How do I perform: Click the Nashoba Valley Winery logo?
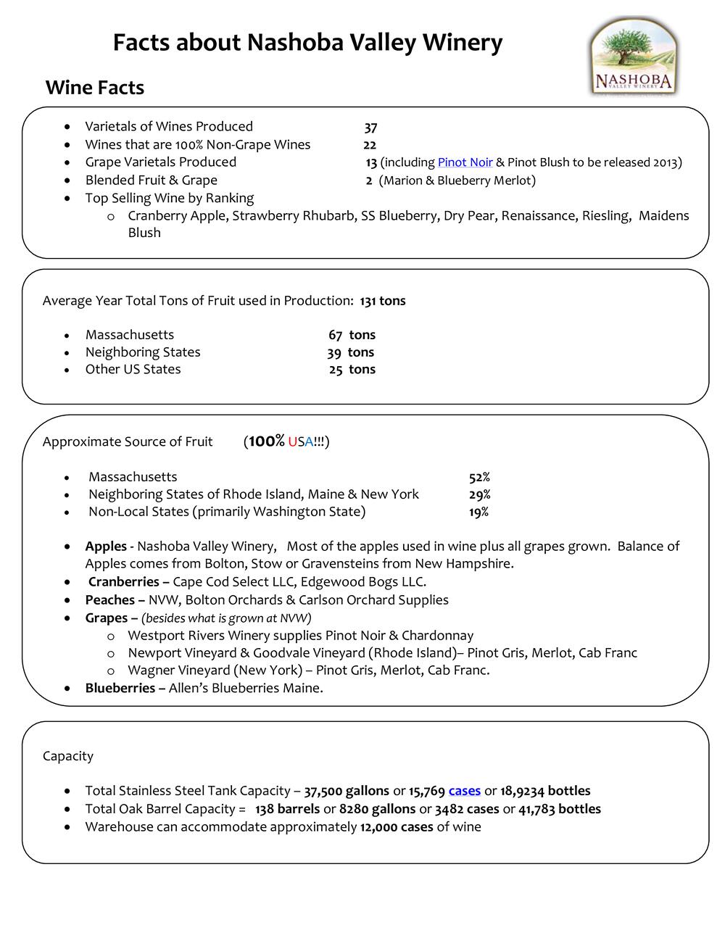point(633,57)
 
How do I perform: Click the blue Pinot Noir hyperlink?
point(465,162)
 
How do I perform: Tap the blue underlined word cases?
point(465,791)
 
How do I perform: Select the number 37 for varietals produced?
point(370,128)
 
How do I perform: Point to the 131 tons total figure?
point(383,301)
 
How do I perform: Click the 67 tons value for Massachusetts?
point(352,335)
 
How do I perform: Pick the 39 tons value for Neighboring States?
point(350,352)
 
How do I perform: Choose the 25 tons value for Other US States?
point(352,370)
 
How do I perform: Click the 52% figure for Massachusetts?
point(479,477)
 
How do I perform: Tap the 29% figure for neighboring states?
point(479,494)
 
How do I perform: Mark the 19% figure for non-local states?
point(478,512)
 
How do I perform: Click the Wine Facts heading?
point(95,88)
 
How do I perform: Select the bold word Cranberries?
point(124,582)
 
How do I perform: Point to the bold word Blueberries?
point(120,688)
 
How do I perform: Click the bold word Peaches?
point(110,600)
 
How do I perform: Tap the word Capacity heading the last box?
point(68,756)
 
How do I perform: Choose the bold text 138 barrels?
point(287,809)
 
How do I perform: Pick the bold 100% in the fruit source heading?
point(266,441)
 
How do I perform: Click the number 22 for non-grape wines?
point(370,145)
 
